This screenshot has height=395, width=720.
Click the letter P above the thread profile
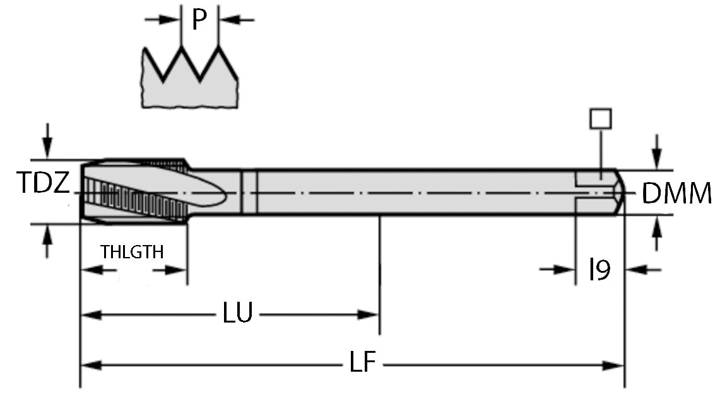[199, 20]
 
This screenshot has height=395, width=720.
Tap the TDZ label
[42, 184]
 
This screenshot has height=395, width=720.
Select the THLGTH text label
[132, 252]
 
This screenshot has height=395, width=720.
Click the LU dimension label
[238, 313]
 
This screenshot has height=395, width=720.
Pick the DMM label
[676, 194]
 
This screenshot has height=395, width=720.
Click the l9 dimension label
[599, 270]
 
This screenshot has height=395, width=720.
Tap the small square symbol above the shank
[600, 118]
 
